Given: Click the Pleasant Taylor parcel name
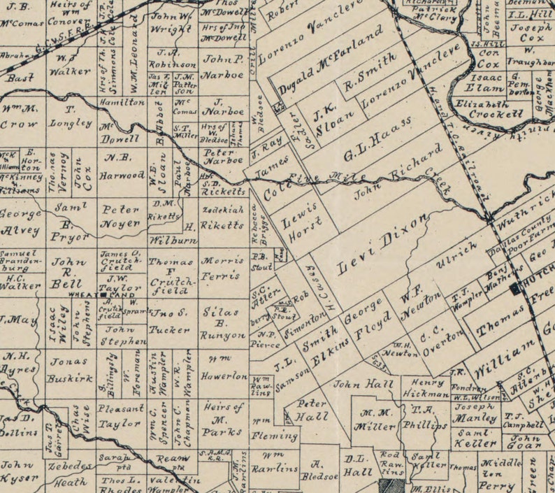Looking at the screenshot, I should click(x=120, y=415).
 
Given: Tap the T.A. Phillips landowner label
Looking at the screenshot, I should click(x=428, y=418).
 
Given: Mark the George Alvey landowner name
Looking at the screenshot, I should click(x=21, y=221).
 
